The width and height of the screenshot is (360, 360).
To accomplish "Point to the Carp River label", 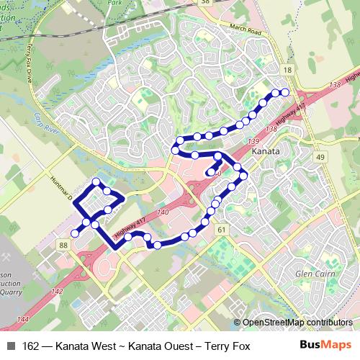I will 42,117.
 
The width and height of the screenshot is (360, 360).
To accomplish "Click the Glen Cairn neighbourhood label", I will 314,274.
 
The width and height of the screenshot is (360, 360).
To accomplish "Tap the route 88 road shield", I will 64,246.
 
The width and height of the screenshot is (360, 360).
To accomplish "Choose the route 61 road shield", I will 221,230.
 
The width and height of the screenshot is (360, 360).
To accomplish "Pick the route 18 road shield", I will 288,69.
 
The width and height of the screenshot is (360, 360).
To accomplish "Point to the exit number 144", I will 24,319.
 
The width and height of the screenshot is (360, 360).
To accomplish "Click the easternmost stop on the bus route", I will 284,92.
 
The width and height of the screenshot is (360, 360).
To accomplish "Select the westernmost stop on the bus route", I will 74,233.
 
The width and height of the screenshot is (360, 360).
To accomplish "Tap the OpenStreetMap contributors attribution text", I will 297,322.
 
